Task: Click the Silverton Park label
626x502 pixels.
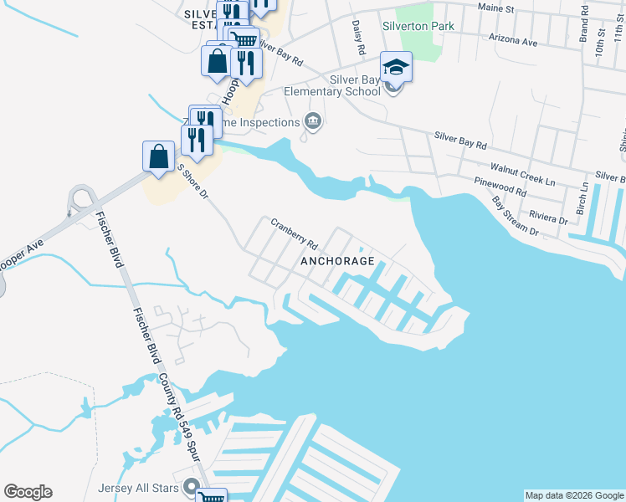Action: pos(418,26)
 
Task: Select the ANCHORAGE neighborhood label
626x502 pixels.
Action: pos(337,261)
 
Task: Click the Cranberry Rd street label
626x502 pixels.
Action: pos(294,234)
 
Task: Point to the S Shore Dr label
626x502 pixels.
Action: pos(192,180)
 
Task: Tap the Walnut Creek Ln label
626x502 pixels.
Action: pos(522,174)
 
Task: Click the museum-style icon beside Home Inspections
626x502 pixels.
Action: pos(313,122)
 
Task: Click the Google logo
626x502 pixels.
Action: pos(28,492)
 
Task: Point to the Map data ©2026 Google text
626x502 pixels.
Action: pos(574,495)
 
